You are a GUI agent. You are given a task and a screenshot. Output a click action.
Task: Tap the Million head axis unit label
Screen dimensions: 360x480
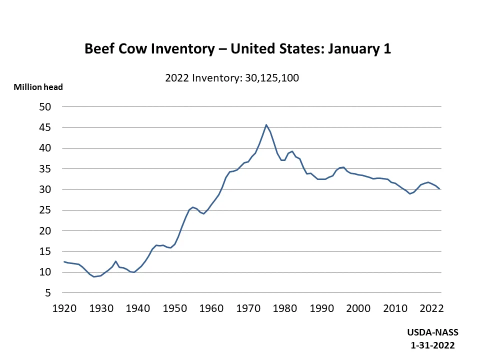click(38, 87)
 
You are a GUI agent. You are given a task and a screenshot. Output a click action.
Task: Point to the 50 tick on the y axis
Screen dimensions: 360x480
click(45, 107)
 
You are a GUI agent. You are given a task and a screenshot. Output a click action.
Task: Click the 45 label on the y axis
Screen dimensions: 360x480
click(45, 127)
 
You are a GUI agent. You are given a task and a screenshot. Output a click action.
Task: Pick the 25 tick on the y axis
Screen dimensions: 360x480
click(45, 210)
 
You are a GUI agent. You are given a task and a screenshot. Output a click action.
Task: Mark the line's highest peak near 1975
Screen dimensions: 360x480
click(266, 124)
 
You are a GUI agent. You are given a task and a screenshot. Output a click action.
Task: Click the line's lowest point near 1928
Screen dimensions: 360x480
click(93, 276)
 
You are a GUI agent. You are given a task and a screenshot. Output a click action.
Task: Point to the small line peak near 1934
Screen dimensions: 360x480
click(115, 261)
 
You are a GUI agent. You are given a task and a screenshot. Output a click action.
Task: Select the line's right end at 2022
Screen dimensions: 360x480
click(439, 189)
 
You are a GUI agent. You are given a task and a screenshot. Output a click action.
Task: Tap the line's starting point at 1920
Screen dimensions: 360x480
click(64, 261)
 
